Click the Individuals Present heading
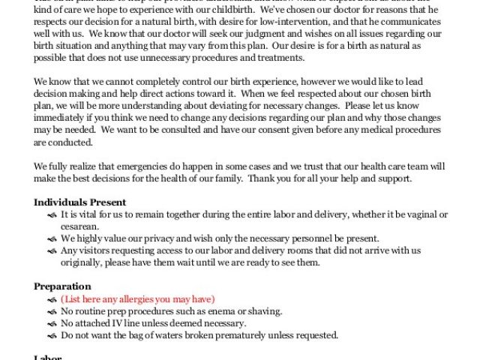click(79, 202)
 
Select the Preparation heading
click(62, 286)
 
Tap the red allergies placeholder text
click(138, 298)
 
